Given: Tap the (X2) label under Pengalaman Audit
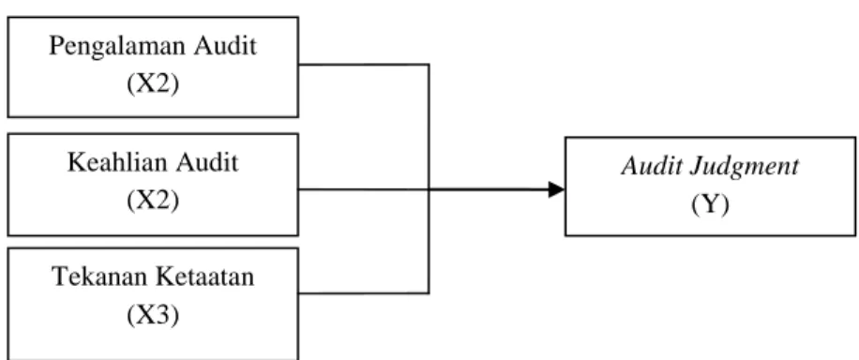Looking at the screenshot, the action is coord(153,83).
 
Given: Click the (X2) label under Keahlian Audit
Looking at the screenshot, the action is coord(153,201).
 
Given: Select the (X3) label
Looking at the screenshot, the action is coord(153,315).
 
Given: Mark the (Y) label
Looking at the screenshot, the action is coord(710,205).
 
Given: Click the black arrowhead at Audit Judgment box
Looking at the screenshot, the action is coord(557,189).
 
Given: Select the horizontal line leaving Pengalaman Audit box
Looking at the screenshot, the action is coord(363,65).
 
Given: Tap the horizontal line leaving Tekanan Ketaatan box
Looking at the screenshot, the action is coord(363,293).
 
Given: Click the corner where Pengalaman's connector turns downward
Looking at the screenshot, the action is coord(429,65).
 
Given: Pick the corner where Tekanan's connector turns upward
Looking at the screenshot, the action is coord(429,293).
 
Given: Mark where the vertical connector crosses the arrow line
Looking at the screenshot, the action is coord(429,189).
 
